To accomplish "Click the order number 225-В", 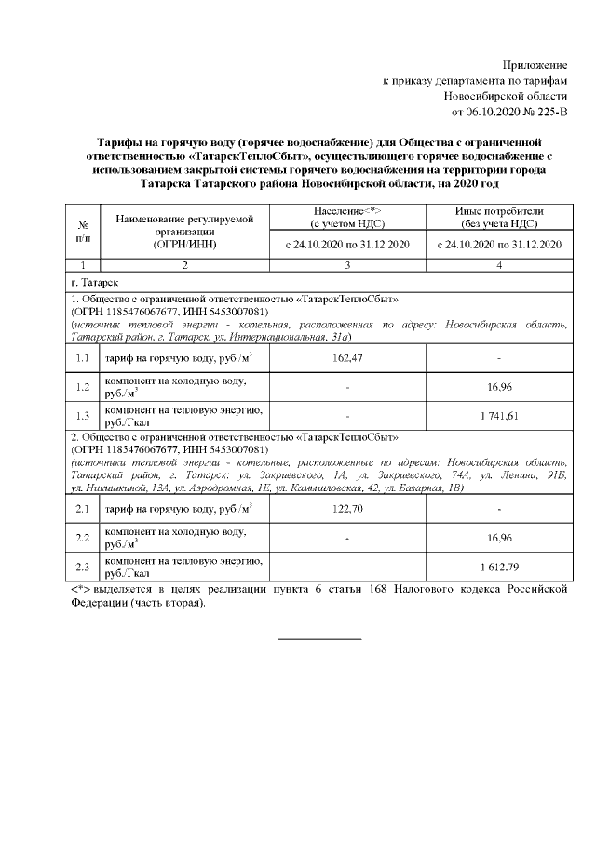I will pos(545,112).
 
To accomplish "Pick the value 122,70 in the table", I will pos(346,509).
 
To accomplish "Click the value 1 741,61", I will pos(499,415).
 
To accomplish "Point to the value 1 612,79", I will pos(499,567).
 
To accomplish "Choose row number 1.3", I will pos(83,415).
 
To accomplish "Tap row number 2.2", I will pos(83,538).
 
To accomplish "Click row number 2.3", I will pos(83,567).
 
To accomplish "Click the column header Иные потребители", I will pos(499,212).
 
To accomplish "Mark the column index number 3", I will pos(346,266).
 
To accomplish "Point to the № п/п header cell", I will pos(83,233).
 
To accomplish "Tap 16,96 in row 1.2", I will pos(499,386).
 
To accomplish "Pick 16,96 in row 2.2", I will pos(499,538).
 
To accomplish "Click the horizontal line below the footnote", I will pos(319,639).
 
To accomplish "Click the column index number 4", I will pos(499,266).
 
